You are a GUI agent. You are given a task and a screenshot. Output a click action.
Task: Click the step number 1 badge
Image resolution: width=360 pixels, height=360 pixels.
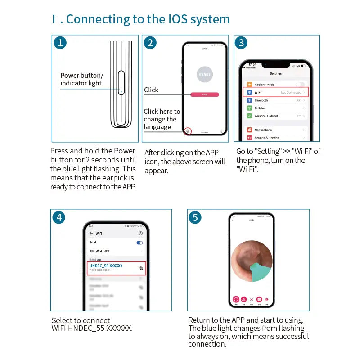(60, 43)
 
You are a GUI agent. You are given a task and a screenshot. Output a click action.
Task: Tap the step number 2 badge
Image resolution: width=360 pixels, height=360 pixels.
(150, 43)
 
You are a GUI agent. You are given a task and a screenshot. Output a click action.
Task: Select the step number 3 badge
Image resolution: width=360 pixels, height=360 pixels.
(242, 43)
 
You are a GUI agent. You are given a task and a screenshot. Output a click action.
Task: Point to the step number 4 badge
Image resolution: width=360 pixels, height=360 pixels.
(58, 217)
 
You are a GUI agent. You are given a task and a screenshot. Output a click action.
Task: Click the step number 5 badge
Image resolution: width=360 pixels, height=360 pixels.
(194, 217)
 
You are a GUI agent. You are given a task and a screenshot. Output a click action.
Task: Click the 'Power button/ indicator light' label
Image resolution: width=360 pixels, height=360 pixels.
(81, 79)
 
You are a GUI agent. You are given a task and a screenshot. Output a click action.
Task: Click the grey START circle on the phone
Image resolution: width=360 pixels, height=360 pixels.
(205, 74)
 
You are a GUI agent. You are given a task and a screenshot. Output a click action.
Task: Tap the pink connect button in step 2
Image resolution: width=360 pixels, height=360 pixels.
(205, 94)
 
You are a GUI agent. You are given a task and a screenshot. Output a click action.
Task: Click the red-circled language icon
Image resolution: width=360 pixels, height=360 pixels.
(188, 131)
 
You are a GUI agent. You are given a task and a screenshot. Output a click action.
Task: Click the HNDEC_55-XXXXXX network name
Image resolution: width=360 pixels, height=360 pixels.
(106, 266)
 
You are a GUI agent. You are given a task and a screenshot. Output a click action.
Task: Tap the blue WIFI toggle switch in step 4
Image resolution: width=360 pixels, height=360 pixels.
(139, 243)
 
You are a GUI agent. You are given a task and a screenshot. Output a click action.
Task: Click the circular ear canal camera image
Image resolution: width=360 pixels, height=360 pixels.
(252, 261)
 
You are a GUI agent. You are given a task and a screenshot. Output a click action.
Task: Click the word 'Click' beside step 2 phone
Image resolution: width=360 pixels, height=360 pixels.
(151, 90)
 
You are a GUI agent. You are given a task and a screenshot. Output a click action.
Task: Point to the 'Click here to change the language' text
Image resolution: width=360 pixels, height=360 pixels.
(162, 119)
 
